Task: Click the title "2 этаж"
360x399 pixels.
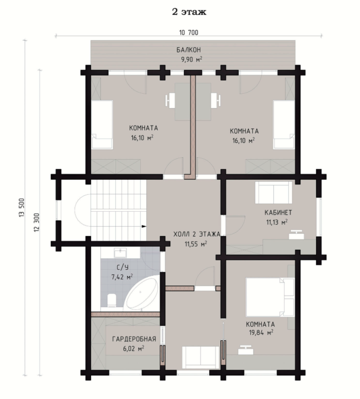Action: (189, 12)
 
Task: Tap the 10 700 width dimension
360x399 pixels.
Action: (188, 33)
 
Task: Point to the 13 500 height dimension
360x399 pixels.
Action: (22, 207)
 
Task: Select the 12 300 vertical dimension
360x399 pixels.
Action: (37, 222)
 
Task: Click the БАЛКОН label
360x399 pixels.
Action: (188, 50)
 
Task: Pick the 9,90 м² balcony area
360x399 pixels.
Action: (192, 59)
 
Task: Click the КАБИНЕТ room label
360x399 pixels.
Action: (278, 213)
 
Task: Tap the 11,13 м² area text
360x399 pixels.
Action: (277, 222)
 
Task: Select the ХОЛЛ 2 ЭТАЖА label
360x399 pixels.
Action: (197, 234)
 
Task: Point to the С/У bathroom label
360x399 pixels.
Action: (122, 267)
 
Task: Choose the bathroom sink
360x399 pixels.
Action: (120, 253)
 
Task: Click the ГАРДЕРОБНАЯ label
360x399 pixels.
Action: (134, 339)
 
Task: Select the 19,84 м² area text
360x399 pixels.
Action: (261, 332)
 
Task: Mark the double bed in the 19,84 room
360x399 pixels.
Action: (270, 297)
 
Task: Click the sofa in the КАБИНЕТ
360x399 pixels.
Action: (274, 192)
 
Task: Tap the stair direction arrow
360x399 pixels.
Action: (144, 226)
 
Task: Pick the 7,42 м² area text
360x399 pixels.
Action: (122, 277)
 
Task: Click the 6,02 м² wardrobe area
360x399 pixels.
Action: (134, 348)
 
